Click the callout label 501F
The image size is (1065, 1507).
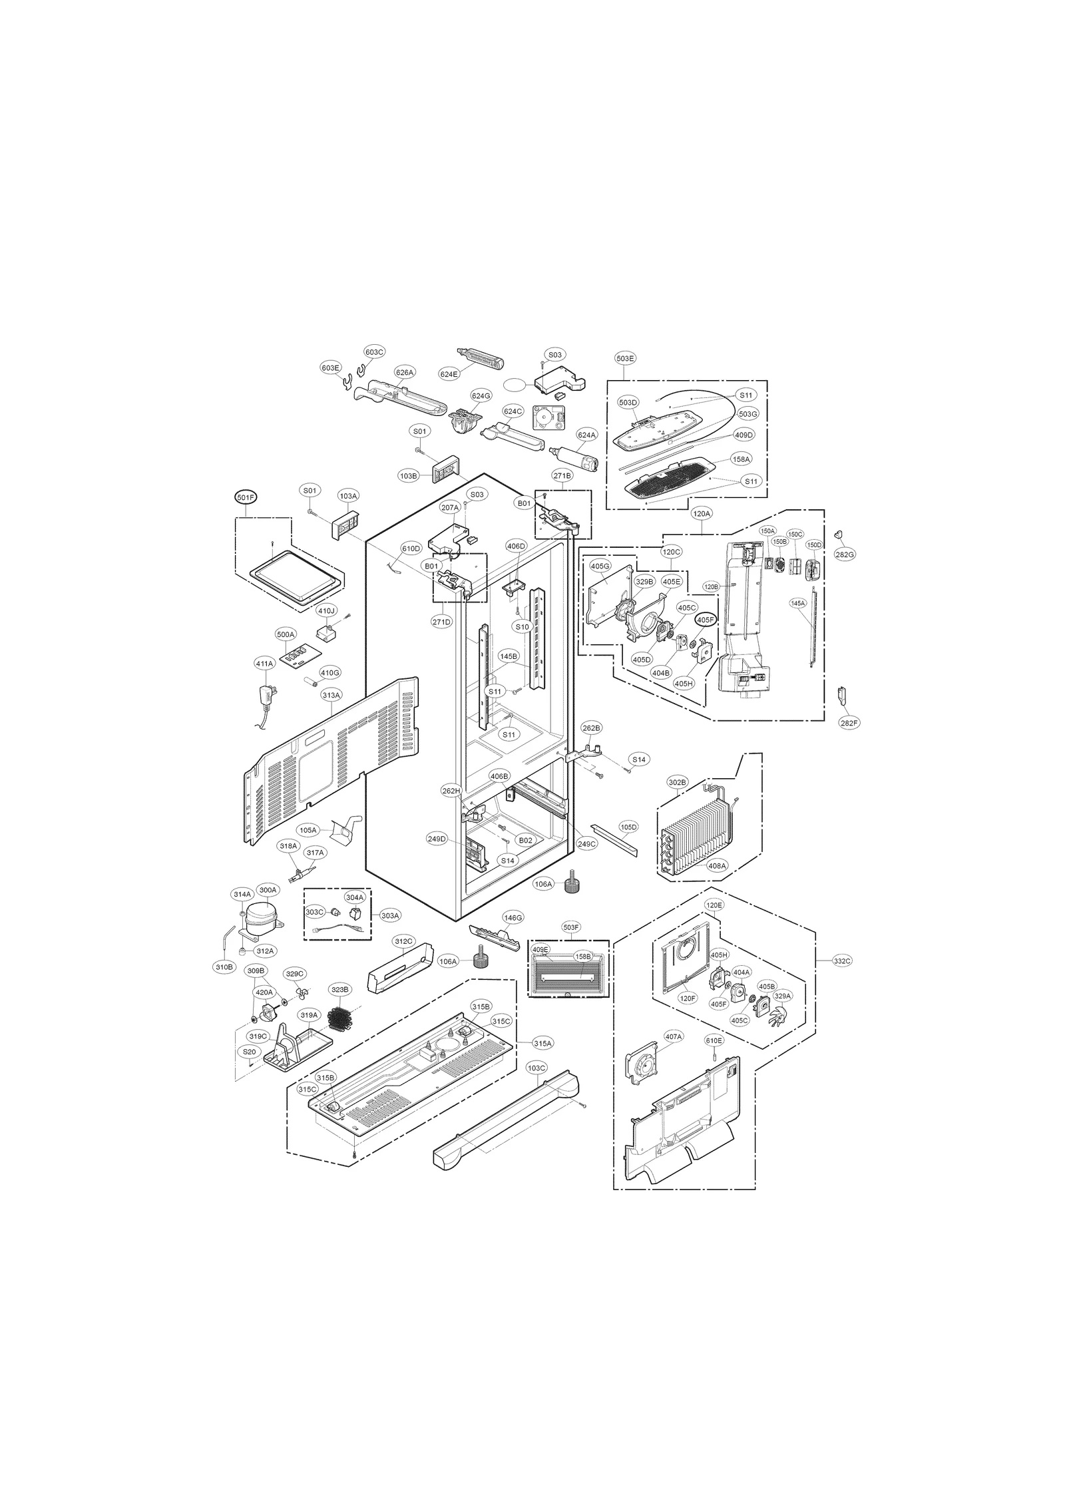[x=245, y=497]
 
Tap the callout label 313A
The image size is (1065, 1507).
[x=331, y=695]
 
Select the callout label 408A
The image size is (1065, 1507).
[x=717, y=866]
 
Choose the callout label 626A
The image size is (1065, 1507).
[x=405, y=372]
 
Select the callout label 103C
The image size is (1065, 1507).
[x=536, y=1086]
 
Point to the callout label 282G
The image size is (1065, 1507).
[x=845, y=554]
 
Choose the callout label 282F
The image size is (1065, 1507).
[x=847, y=722]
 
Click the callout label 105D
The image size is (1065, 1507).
[x=628, y=827]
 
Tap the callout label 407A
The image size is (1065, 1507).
[x=673, y=1055]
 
